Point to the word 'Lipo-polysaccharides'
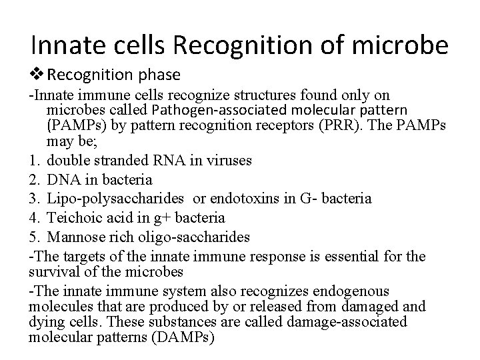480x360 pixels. pos(107,199)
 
